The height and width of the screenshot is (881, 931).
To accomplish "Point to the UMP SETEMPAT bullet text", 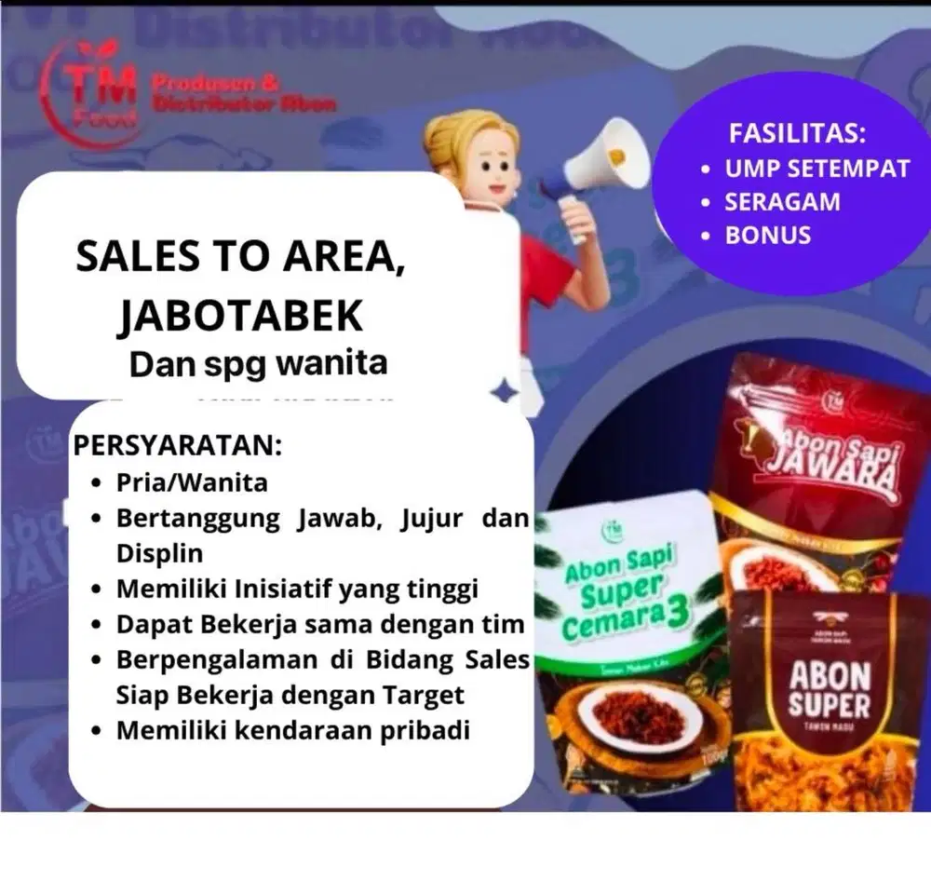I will (816, 169).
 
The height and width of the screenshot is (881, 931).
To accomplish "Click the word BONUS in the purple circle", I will (768, 235).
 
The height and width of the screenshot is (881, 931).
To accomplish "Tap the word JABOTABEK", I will (240, 316).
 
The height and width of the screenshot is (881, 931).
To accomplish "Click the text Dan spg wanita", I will (258, 362).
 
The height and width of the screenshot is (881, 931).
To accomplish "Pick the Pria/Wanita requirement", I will (192, 482).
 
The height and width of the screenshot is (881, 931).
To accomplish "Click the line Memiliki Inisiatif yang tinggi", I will (297, 588).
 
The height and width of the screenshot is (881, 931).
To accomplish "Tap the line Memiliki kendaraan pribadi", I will (292, 730).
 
